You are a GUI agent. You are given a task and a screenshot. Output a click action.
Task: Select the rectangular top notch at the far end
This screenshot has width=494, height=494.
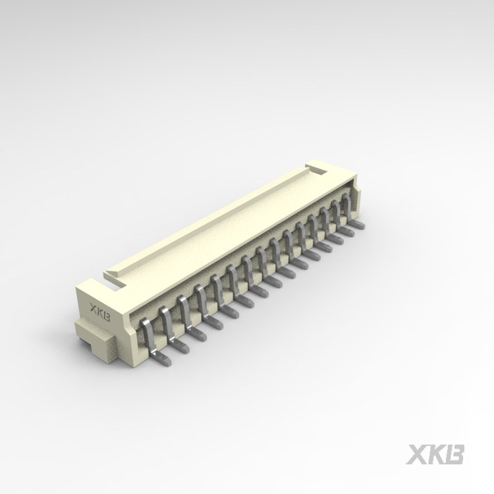click(317, 171)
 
